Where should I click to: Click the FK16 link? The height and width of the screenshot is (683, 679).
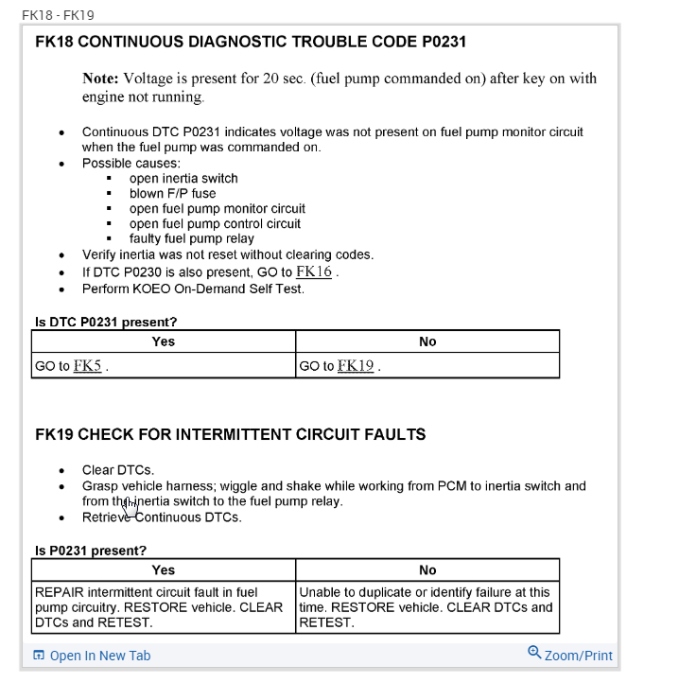pos(314,272)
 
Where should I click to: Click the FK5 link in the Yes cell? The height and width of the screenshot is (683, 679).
pos(87,365)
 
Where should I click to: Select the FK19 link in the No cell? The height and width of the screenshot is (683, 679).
pos(355,365)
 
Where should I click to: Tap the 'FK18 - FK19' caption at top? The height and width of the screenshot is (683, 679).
pos(58,15)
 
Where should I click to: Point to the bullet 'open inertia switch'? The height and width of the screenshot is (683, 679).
pos(183,178)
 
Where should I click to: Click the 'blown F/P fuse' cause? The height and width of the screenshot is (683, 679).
pos(172,193)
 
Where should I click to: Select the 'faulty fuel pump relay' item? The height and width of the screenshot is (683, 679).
pos(192,238)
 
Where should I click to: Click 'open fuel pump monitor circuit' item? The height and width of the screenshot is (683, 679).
pos(218,208)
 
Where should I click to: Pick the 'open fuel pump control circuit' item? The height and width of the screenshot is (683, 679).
pos(215,223)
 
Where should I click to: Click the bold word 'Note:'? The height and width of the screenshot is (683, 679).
pos(100,79)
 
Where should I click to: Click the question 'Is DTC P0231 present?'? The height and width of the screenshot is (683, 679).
pos(106,322)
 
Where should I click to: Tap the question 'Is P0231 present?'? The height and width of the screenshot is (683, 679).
pos(91,551)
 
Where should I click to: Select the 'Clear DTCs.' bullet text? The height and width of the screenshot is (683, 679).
pos(118,469)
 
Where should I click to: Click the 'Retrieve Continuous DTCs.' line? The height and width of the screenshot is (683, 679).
pos(162,517)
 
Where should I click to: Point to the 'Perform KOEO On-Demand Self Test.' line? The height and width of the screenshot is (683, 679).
pos(193,289)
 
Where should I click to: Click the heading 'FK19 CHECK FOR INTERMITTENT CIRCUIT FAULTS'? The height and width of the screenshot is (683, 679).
pos(230,434)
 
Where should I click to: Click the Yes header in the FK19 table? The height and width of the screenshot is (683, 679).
pos(164,569)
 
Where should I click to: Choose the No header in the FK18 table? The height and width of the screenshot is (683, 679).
pos(427,341)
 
